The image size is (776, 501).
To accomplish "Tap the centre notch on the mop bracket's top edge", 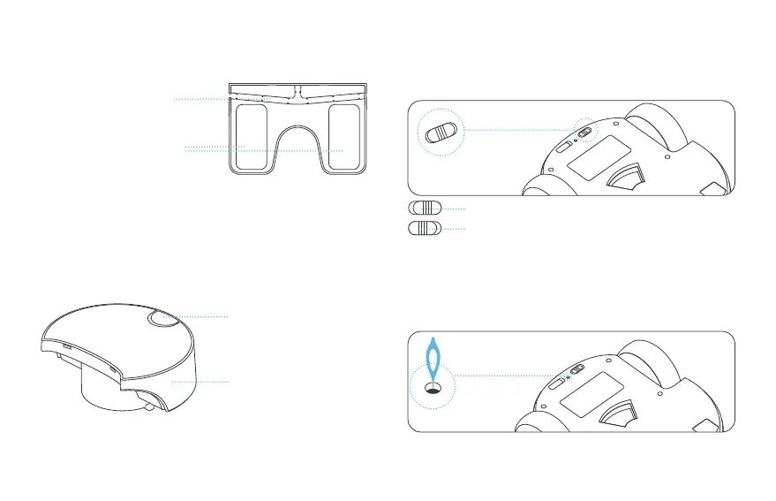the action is point(298,89).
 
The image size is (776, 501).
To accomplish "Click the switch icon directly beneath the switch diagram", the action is point(425,208).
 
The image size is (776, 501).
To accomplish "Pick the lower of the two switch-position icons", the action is point(425,228).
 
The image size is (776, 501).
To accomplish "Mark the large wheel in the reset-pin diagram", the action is point(653,364).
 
